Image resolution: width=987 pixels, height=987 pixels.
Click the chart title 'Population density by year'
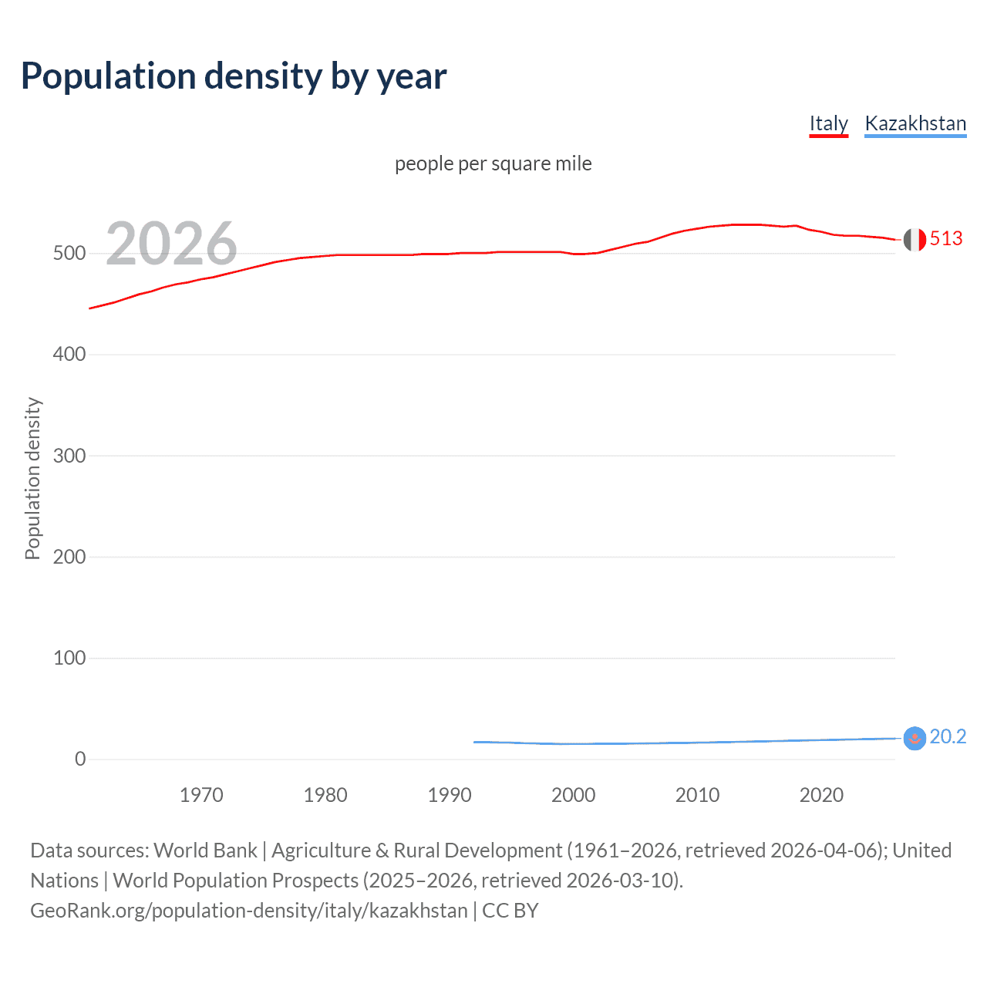tap(234, 76)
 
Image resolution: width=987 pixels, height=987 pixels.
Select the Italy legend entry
tap(828, 123)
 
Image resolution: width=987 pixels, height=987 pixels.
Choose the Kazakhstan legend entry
tap(915, 123)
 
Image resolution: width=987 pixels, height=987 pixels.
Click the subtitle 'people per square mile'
tap(493, 163)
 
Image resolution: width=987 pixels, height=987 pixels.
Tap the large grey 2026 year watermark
tap(171, 244)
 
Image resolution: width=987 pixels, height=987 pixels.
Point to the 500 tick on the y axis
tap(69, 254)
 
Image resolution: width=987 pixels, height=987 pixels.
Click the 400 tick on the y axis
tap(69, 355)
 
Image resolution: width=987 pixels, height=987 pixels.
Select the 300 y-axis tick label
tap(69, 456)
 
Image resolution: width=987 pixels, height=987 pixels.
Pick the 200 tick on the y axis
tap(69, 557)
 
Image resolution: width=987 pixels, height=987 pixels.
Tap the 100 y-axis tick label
tap(69, 658)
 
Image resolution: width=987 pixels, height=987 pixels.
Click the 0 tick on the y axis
tap(80, 759)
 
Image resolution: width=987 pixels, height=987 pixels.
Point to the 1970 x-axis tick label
tap(201, 795)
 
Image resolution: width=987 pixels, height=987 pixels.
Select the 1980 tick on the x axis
tap(325, 795)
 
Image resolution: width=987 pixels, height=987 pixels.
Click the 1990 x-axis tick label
tap(450, 795)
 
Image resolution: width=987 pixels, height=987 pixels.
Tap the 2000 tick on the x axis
tap(573, 795)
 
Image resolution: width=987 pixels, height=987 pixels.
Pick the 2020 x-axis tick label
tap(821, 795)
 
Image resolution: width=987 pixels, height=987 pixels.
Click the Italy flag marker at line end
tap(915, 240)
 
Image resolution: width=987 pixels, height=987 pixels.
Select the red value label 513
tap(946, 239)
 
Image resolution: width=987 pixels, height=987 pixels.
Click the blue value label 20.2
tap(948, 737)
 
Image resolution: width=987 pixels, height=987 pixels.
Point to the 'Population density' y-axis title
tap(32, 478)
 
